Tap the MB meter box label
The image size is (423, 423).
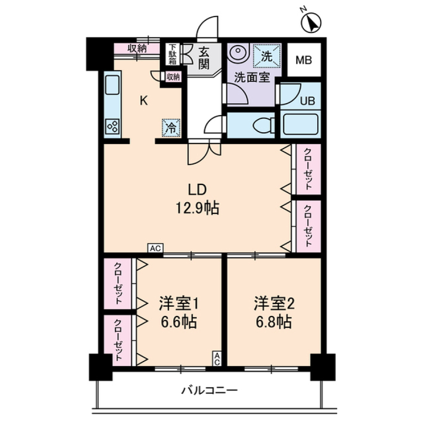303,60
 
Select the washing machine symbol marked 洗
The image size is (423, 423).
266,56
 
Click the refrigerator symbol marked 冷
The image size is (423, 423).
171,127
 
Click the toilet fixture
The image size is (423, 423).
263,125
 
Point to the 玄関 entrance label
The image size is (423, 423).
203,58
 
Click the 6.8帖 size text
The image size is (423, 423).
273,323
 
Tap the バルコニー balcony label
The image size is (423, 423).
210,390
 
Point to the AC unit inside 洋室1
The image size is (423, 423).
217,358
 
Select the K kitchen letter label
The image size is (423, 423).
143,101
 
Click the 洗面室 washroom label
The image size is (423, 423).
251,78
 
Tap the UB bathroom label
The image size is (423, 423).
307,100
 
